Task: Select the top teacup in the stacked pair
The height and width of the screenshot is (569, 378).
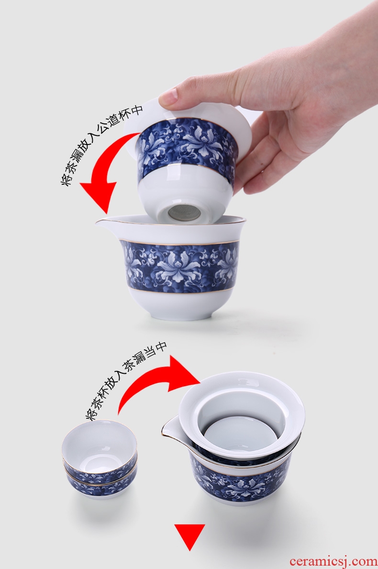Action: pyautogui.click(x=100, y=450)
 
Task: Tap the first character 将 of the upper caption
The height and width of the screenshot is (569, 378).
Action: pyautogui.click(x=67, y=180)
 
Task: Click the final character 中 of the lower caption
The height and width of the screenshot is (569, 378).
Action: pyautogui.click(x=161, y=346)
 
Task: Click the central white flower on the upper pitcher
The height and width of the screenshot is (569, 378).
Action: pyautogui.click(x=178, y=267)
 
